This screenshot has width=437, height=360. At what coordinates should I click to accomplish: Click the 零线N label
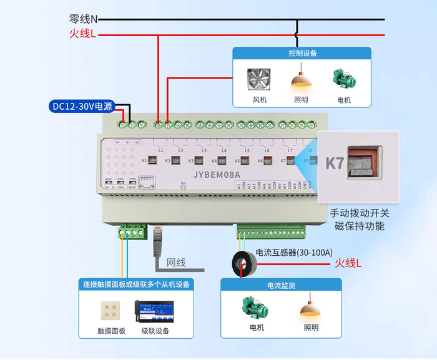pyautogui.click(x=84, y=19)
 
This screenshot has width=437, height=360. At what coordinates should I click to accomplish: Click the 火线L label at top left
pyautogui.click(x=83, y=34)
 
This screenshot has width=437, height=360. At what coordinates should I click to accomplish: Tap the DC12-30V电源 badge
pyautogui.click(x=82, y=106)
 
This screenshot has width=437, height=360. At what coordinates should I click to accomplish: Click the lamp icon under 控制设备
pyautogui.click(x=302, y=78)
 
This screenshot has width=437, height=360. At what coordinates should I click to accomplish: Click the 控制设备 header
pyautogui.click(x=302, y=54)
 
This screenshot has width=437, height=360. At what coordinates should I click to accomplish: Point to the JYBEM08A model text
pyautogui.click(x=218, y=176)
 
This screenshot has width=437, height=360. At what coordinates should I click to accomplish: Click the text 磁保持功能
pyautogui.click(x=360, y=226)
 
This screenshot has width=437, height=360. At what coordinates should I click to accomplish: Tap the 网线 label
pyautogui.click(x=176, y=263)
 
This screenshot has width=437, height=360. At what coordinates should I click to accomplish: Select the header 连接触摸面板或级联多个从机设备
pyautogui.click(x=137, y=284)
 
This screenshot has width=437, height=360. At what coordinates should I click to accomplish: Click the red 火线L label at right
pyautogui.click(x=348, y=263)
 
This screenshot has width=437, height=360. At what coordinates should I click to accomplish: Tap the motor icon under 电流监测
pyautogui.click(x=256, y=308)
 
